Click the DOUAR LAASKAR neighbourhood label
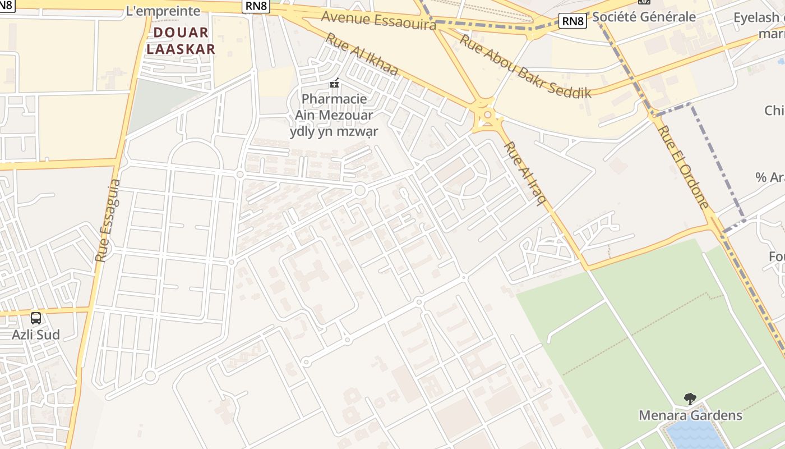181,40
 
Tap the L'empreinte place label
164,11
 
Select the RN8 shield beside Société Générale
573,21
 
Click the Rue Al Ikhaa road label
362,54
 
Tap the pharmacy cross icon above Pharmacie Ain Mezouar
334,84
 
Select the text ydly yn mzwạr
334,131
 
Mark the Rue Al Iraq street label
525,173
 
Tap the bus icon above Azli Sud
36,318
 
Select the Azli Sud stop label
36,335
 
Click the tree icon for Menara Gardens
690,399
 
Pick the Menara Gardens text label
690,415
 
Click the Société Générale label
644,17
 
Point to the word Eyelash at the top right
756,17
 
